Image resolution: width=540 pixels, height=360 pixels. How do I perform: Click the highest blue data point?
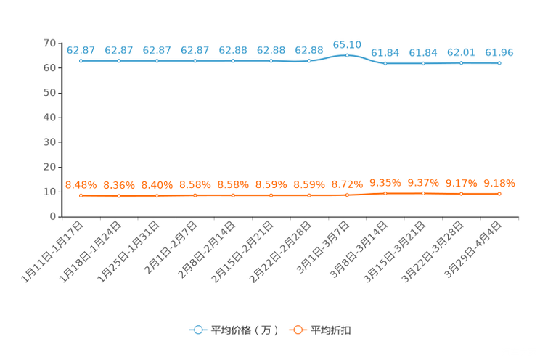[348, 55]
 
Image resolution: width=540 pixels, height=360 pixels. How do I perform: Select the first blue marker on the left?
[81, 61]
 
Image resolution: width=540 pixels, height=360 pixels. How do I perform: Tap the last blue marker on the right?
[499, 63]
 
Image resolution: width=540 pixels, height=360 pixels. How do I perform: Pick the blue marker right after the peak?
[385, 64]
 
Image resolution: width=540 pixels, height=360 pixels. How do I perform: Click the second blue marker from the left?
[119, 61]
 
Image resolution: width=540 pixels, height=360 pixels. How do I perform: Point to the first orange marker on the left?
[81, 195]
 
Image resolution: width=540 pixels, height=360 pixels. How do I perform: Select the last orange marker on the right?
[499, 194]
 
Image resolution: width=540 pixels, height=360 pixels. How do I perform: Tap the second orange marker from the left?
[119, 196]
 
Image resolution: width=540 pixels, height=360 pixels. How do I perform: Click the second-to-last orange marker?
[462, 194]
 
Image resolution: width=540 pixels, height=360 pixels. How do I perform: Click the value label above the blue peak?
[347, 44]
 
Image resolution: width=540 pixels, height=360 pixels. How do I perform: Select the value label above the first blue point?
[81, 50]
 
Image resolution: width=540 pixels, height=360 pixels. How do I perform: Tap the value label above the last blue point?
[499, 52]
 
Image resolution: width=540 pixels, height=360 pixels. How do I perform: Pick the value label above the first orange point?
[81, 185]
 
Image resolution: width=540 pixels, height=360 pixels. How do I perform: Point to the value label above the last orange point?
[499, 183]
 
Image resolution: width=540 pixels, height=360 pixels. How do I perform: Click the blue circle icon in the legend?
[197, 330]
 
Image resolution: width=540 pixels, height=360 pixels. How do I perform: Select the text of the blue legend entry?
[244, 330]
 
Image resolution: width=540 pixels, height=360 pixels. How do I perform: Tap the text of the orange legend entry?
[331, 330]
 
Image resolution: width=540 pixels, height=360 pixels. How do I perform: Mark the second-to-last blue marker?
[462, 63]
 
